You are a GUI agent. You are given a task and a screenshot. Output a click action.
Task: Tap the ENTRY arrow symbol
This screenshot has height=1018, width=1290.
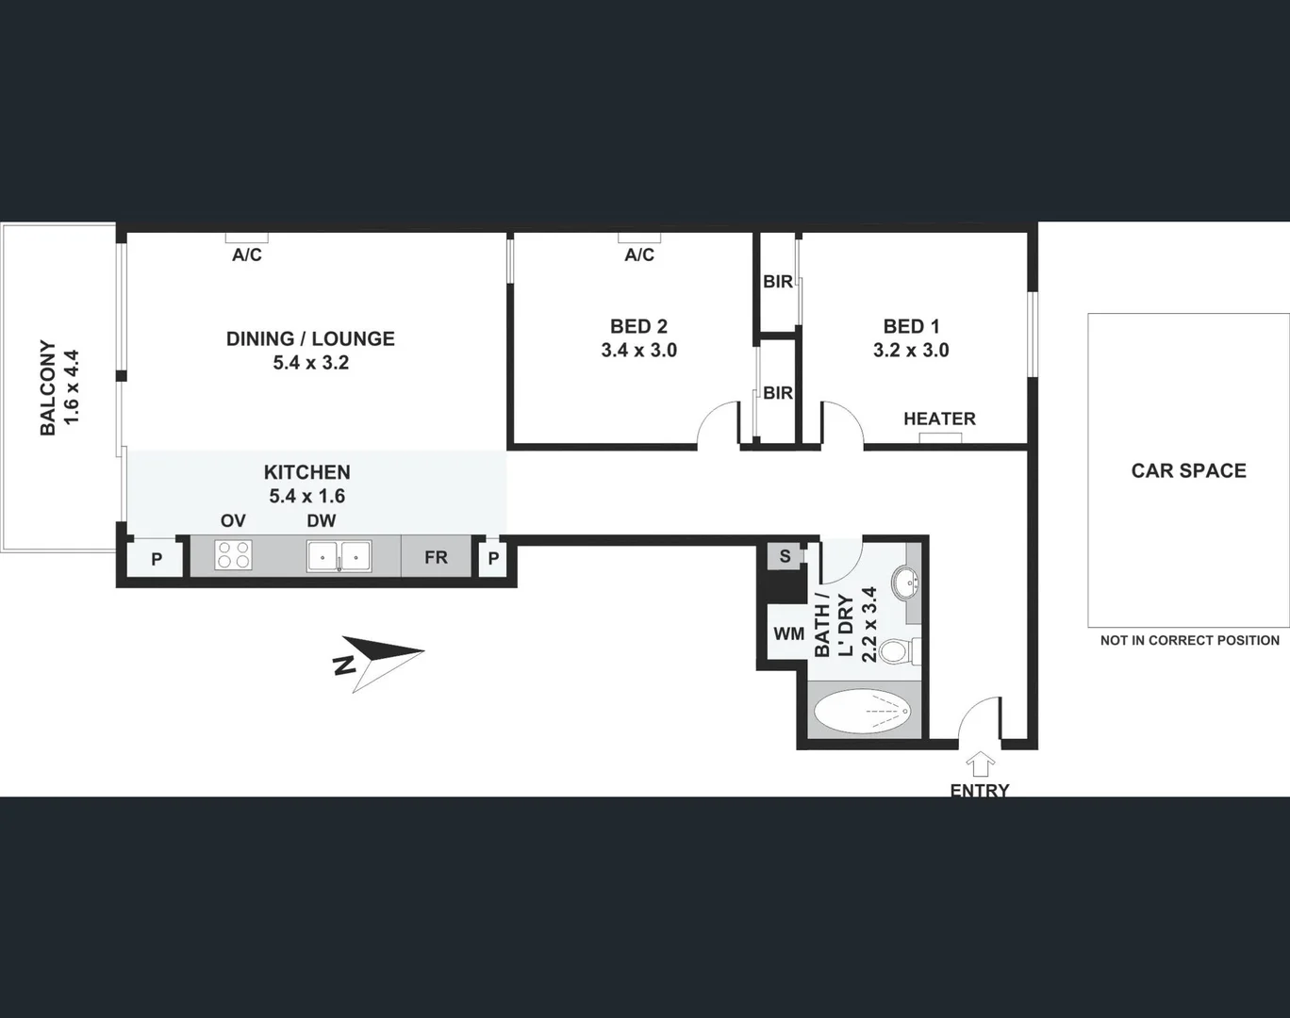tap(981, 764)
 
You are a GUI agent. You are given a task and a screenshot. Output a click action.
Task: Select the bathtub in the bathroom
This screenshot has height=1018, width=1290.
tap(862, 712)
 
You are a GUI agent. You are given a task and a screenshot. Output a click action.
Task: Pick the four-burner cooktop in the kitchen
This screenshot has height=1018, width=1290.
tap(233, 555)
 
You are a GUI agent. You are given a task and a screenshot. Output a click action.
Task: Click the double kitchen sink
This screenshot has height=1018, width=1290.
tap(339, 556)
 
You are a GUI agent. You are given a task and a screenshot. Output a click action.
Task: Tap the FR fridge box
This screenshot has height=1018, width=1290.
tap(436, 557)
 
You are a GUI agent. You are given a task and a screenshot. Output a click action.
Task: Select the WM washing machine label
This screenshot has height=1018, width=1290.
tap(788, 633)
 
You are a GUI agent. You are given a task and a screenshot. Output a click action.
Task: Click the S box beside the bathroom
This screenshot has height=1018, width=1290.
tap(785, 556)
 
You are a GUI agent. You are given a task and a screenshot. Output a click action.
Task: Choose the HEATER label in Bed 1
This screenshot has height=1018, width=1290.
tap(939, 419)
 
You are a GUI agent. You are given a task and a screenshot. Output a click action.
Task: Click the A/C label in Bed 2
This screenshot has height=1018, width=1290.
tap(639, 254)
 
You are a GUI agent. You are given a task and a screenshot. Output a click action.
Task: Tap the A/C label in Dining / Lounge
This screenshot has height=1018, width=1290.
tap(247, 254)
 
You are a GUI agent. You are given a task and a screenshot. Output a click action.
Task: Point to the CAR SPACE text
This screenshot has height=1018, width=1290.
tap(1188, 470)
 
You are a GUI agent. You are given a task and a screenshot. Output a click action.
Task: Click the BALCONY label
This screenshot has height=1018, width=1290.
tap(48, 387)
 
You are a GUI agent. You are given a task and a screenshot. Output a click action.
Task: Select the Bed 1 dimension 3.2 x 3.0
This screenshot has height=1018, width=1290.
tap(911, 350)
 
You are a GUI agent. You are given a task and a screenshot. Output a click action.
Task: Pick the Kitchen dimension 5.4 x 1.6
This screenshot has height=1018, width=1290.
tap(307, 496)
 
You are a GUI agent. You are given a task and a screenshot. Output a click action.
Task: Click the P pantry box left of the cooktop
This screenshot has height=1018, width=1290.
tap(157, 559)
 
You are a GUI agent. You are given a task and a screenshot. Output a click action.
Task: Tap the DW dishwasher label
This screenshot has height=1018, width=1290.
tap(321, 520)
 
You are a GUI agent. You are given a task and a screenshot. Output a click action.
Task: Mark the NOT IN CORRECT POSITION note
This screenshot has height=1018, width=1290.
tap(1189, 640)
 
